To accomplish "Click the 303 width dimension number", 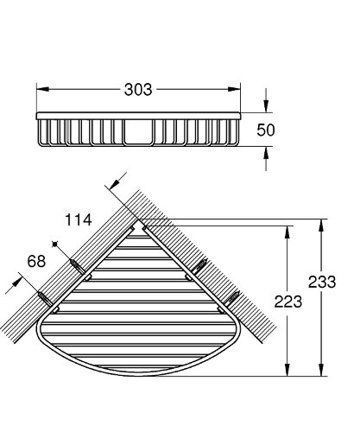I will pos(138,89).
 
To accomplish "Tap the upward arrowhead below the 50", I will pos(266,152).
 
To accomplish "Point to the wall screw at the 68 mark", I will pos(41,296).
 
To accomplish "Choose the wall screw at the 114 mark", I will pos(76,262).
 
